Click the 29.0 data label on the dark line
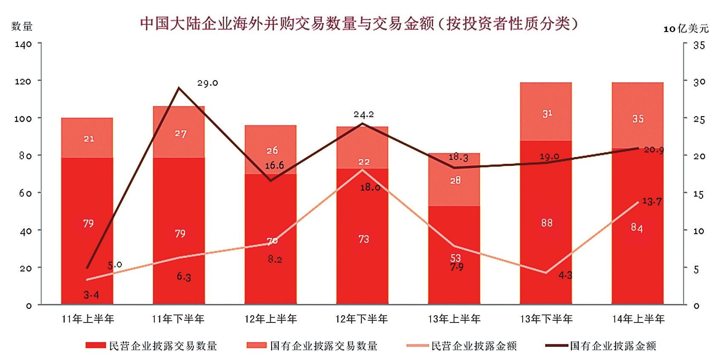[208, 83]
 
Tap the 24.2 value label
[364, 114]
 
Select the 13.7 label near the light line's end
[652, 201]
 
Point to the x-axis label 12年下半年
[361, 319]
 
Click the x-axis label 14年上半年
[638, 319]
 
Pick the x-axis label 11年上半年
[88, 319]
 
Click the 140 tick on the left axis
[23, 44]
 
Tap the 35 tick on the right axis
[699, 45]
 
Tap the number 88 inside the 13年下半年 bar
[547, 223]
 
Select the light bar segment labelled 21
[89, 139]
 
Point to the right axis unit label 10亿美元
[686, 29]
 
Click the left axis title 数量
[22, 26]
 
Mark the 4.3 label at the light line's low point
[565, 276]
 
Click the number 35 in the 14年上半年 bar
[638, 119]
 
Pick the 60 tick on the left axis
[25, 193]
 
